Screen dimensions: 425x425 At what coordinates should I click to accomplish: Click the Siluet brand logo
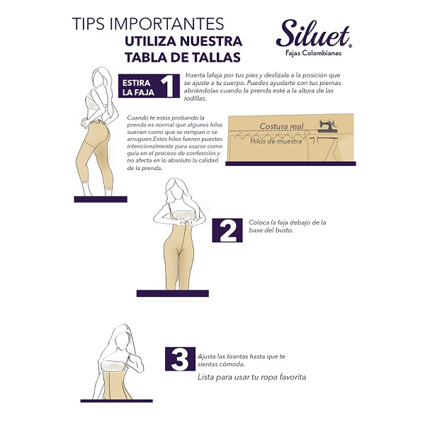[314, 33]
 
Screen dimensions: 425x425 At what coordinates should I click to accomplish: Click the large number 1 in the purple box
[168, 86]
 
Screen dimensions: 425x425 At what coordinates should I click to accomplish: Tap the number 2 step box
[227, 230]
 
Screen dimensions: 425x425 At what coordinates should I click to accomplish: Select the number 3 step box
[180, 358]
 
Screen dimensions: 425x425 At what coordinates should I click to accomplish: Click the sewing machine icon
[328, 126]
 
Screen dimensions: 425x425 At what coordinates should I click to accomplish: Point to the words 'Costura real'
[281, 126]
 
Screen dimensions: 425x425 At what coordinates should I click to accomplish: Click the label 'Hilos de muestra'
[276, 141]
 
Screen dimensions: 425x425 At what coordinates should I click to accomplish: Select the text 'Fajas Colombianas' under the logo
[313, 53]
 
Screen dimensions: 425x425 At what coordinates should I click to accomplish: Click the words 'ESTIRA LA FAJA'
[138, 87]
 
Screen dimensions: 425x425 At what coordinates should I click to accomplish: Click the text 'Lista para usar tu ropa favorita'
[251, 377]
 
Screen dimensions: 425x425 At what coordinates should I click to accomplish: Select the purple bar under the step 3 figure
[117, 401]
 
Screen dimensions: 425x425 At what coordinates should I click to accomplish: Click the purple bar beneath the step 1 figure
[101, 199]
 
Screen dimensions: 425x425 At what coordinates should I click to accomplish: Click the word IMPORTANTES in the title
[167, 24]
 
